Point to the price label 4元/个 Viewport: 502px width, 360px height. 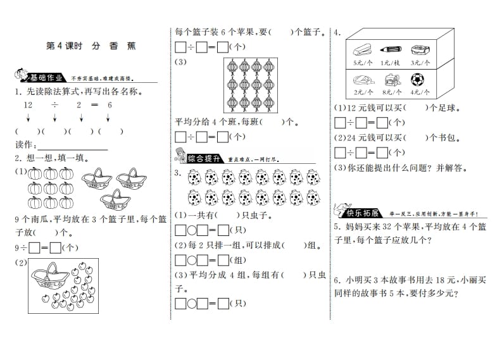(x=418, y=93)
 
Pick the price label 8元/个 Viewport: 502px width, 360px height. (x=387, y=93)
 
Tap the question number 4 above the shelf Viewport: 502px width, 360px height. (x=338, y=32)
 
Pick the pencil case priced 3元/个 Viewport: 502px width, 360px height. (x=418, y=49)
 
